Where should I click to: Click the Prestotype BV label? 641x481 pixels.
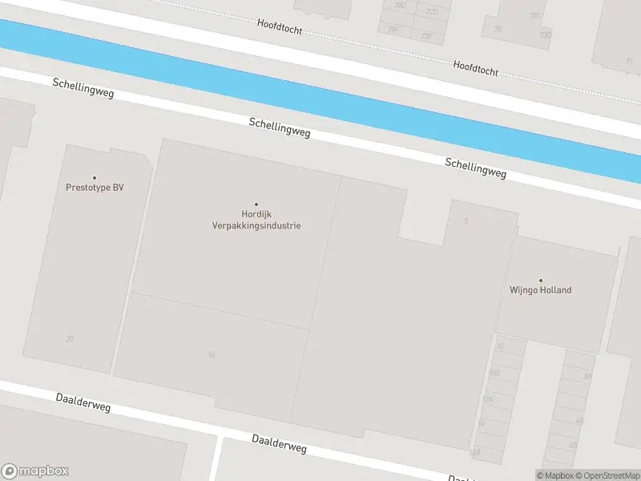click(95, 188)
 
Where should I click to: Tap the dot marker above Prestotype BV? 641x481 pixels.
click(95, 178)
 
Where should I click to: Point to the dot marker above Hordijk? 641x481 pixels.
click(256, 204)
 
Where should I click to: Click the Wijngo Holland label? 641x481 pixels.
click(541, 290)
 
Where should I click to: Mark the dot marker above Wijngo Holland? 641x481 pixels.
click(540, 281)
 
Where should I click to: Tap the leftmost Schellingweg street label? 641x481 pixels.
click(83, 88)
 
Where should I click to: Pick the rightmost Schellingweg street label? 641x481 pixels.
click(476, 168)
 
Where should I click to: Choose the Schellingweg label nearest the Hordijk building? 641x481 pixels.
click(280, 127)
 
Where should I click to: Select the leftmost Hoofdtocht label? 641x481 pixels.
click(280, 26)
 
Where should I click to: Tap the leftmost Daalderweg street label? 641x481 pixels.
click(83, 402)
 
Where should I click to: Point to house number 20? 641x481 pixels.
click(70, 339)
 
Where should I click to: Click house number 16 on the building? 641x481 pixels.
click(212, 354)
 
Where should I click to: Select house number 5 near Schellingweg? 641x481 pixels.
click(466, 220)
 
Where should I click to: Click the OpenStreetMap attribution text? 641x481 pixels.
click(606, 475)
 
